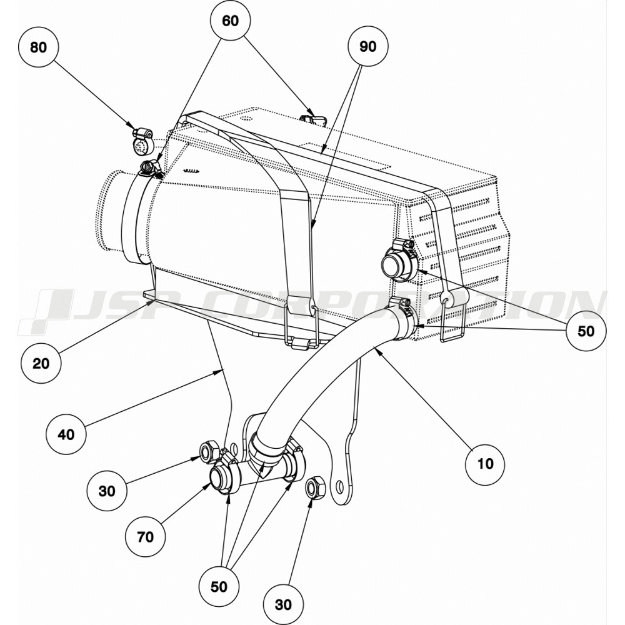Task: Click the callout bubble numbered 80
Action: click(39, 47)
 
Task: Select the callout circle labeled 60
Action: click(231, 21)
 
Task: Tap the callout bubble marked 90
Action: click(369, 47)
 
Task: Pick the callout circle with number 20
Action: click(41, 362)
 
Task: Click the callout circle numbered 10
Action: click(485, 463)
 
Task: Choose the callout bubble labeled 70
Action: click(146, 536)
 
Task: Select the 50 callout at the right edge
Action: click(586, 331)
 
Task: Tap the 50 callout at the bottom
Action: click(219, 587)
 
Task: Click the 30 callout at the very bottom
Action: click(283, 604)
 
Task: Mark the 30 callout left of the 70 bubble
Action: click(107, 491)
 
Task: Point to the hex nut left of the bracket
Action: click(207, 451)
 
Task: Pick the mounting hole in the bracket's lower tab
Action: click(339, 486)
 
